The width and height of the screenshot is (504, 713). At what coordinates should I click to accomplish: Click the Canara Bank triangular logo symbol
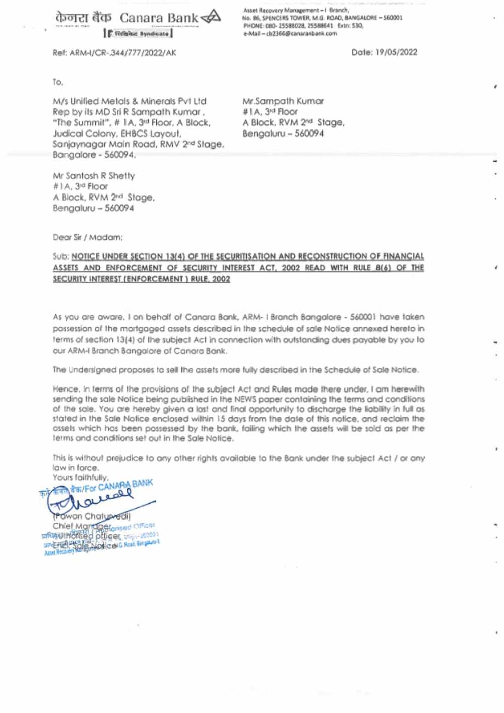pyautogui.click(x=211, y=17)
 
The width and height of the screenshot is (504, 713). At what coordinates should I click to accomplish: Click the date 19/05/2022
pyautogui.click(x=396, y=52)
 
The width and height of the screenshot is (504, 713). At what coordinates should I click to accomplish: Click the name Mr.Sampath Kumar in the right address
pyautogui.click(x=283, y=101)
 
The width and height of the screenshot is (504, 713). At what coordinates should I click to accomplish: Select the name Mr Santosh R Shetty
pyautogui.click(x=94, y=176)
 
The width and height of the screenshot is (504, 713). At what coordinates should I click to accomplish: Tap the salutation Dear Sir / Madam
pyautogui.click(x=88, y=237)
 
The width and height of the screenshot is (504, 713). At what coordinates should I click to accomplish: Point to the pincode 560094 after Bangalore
pyautogui.click(x=119, y=155)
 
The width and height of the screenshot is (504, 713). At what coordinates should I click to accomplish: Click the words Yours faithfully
pyautogui.click(x=81, y=477)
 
